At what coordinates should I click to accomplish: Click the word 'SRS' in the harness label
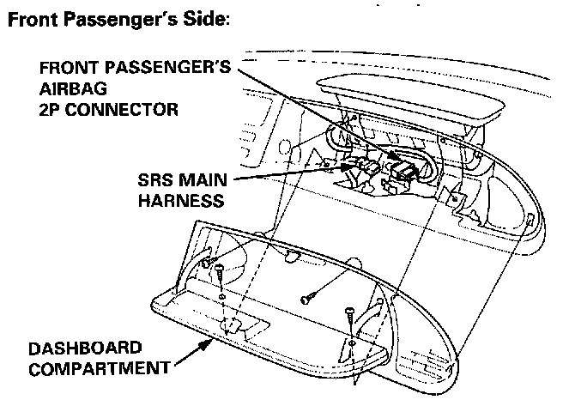click(x=156, y=182)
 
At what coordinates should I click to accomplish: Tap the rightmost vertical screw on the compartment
click(x=351, y=323)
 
